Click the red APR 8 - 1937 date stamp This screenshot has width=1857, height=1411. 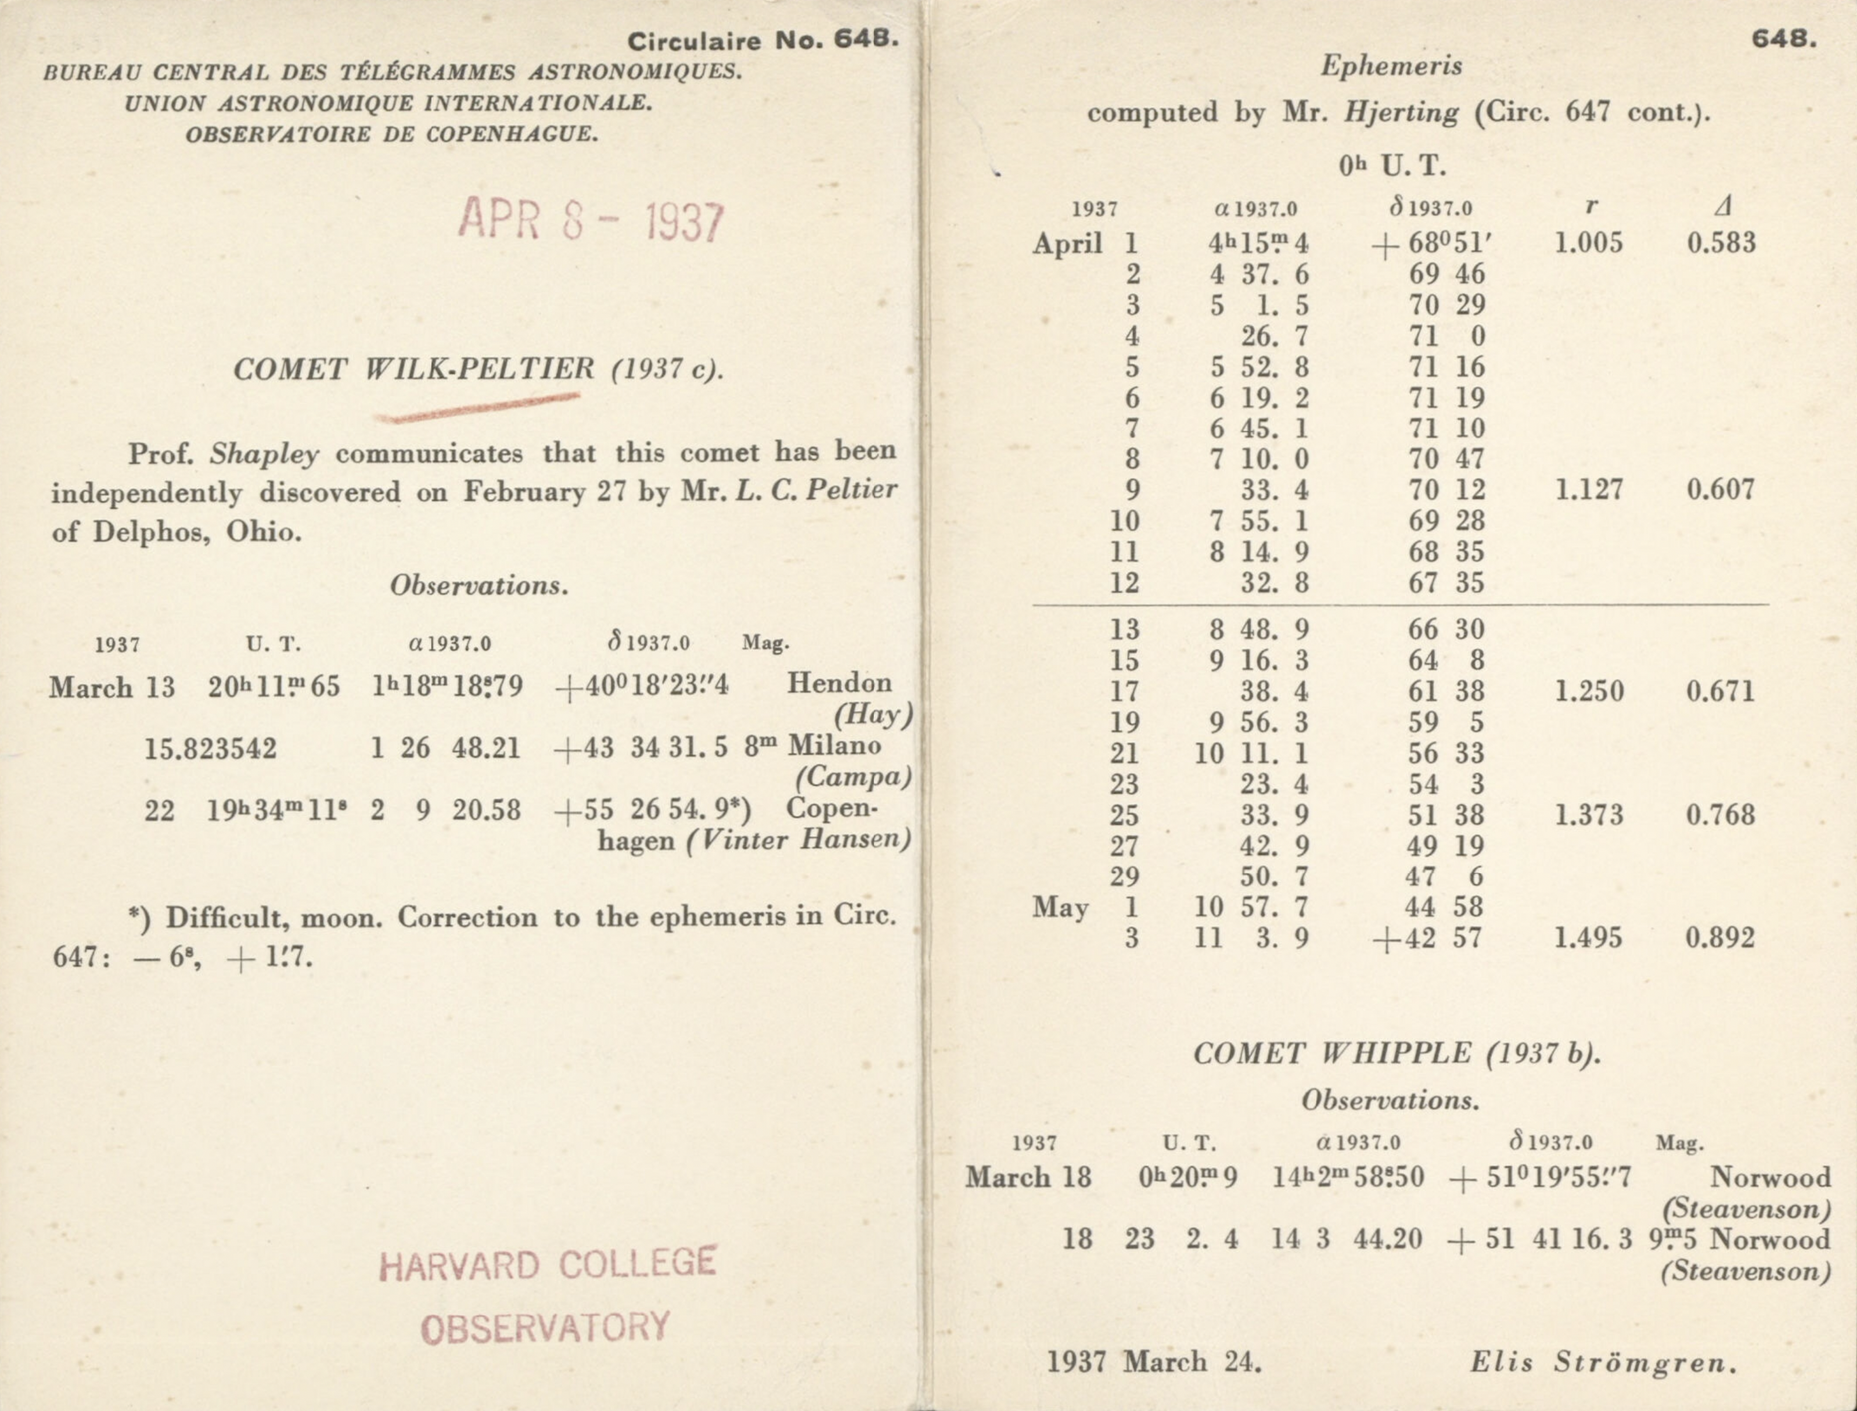[x=591, y=221]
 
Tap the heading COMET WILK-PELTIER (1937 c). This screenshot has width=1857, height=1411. [x=477, y=369]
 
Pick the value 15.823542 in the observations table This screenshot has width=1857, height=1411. [x=210, y=747]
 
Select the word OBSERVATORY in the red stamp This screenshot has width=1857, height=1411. [x=545, y=1328]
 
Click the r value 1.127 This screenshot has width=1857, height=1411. [x=1588, y=489]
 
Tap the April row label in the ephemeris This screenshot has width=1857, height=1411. [x=1067, y=243]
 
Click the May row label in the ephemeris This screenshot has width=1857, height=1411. [x=1060, y=907]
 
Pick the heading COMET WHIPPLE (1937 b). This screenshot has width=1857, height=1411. [x=1397, y=1053]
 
